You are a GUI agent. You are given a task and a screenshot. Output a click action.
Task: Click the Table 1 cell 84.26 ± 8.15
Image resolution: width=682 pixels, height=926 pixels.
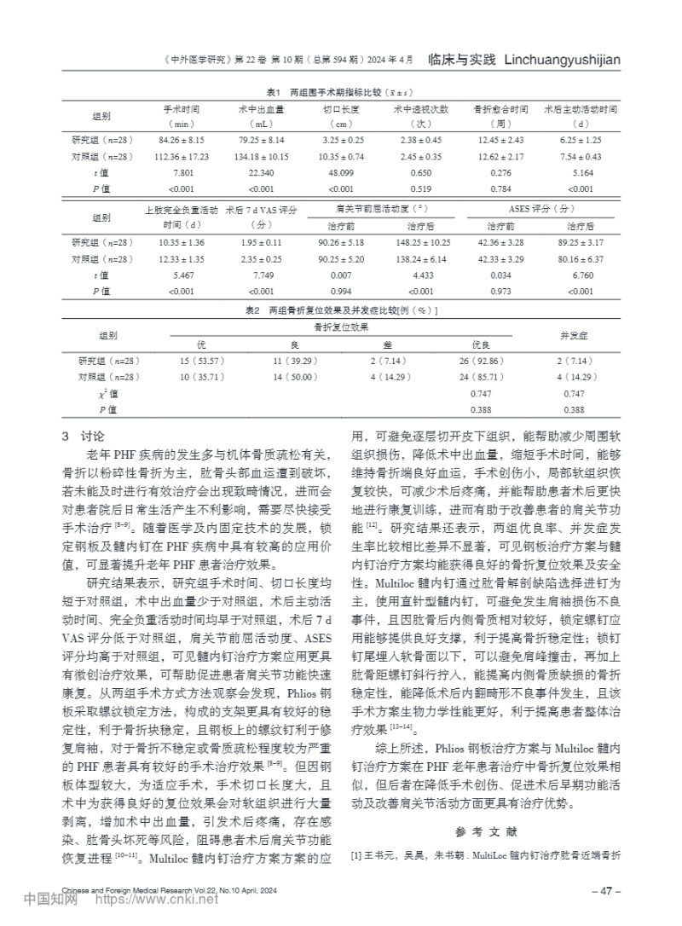(x=181, y=139)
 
